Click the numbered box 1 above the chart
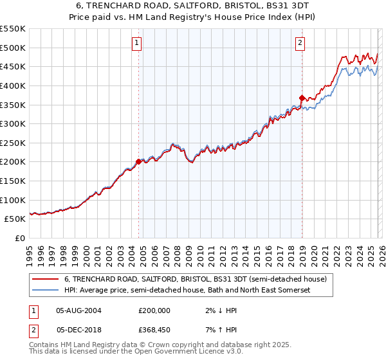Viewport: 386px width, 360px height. [138, 43]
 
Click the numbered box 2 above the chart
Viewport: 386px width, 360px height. [300, 43]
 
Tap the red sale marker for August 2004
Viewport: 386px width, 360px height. [138, 161]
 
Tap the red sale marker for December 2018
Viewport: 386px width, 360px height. [302, 98]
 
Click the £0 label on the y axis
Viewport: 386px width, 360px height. [21, 238]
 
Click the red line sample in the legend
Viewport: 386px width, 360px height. [44, 279]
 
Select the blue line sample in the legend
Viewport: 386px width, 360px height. [44, 291]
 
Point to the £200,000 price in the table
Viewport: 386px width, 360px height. [154, 310]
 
